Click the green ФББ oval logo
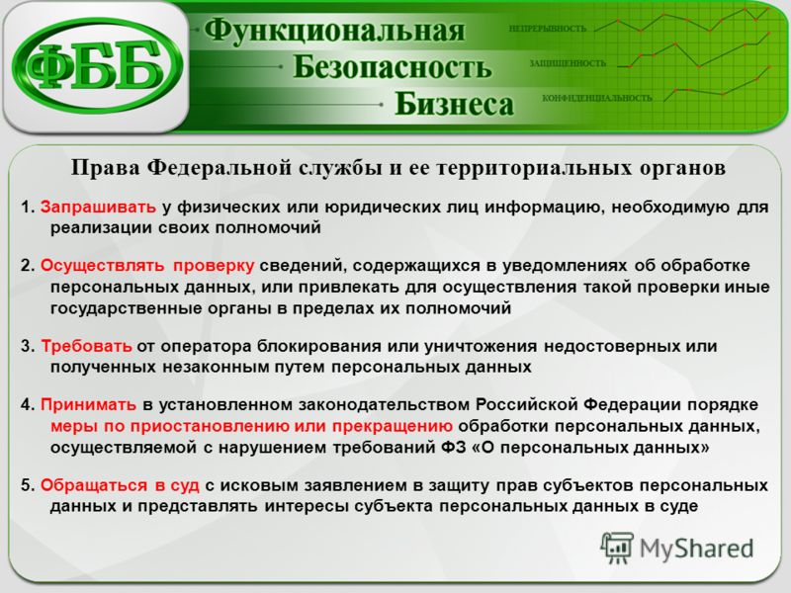coord(97,65)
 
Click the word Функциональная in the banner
coord(334,30)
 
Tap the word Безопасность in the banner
coord(392,66)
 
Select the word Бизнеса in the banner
coord(454,104)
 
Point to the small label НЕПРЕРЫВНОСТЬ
coord(548,29)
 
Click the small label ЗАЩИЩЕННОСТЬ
coord(567,63)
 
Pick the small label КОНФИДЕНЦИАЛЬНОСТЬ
coord(597,98)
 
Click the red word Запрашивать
coord(98,207)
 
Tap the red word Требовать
coord(86,346)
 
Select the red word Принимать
coord(88,404)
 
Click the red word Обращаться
coord(94,485)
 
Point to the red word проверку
coord(214,266)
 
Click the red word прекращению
coord(392,426)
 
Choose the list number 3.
coord(27,347)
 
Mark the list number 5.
coord(27,485)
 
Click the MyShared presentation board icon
coord(616,549)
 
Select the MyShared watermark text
coord(696,550)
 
